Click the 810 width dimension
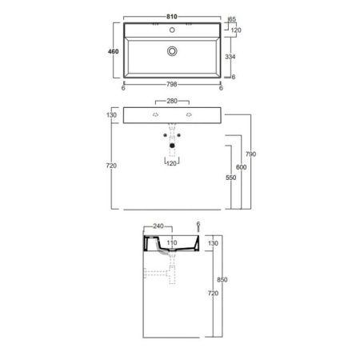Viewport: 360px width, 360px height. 172,17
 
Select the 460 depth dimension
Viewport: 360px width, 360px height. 113,51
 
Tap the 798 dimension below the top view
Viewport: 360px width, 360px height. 171,84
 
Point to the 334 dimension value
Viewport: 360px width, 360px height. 230,57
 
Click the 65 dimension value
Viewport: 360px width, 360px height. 232,19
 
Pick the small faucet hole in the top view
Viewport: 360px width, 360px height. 172,30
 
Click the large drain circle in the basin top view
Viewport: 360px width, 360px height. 172,51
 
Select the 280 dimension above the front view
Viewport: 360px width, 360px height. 172,101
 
